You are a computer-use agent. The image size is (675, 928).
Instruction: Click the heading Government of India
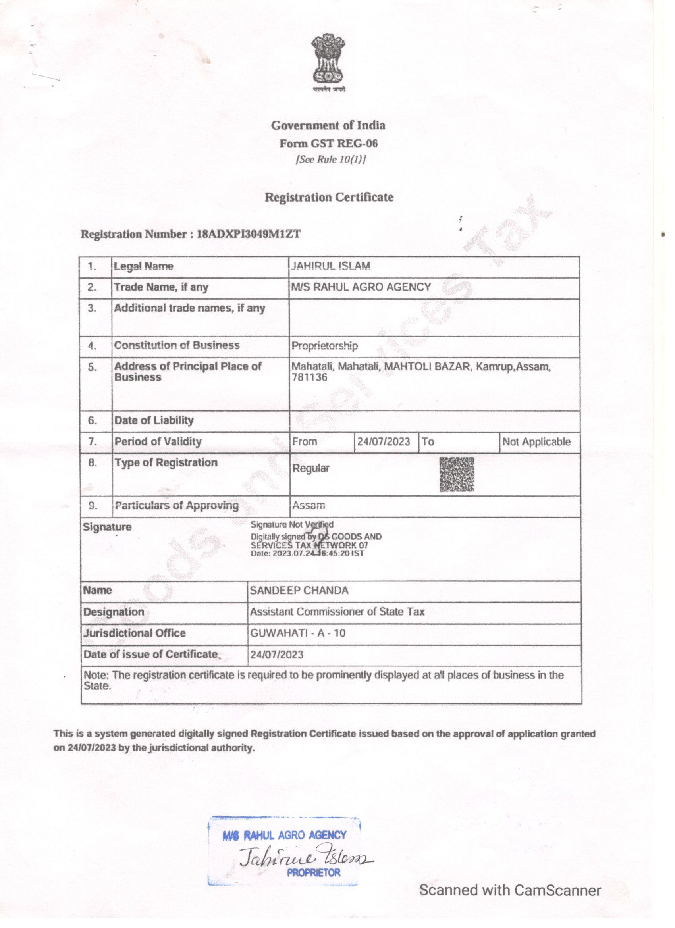click(x=328, y=125)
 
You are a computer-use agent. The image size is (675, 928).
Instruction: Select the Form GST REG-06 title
click(x=328, y=143)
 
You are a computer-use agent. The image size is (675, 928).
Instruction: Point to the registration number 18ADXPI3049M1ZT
click(x=249, y=234)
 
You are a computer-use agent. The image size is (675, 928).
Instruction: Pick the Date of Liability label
click(x=154, y=420)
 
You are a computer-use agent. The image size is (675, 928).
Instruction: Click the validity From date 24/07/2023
click(x=384, y=441)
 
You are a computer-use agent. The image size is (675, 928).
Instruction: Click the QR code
click(x=457, y=475)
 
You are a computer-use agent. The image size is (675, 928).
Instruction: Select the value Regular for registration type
click(x=310, y=468)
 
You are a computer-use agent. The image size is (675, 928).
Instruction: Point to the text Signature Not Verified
click(x=292, y=525)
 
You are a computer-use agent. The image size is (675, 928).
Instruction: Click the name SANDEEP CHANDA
click(x=299, y=591)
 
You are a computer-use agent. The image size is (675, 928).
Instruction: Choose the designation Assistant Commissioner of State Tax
click(x=337, y=612)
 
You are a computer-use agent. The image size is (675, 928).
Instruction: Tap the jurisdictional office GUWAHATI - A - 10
click(x=298, y=633)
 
